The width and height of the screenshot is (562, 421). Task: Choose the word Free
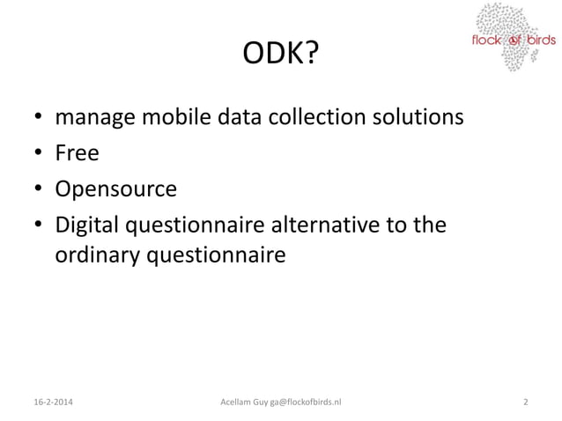(x=78, y=153)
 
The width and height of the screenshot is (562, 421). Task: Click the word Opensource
(x=116, y=189)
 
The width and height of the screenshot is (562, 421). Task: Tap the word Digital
(x=91, y=226)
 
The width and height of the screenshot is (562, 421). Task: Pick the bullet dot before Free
(x=39, y=154)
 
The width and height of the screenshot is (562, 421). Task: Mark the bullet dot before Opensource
(x=39, y=190)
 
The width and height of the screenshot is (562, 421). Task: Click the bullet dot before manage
(x=39, y=118)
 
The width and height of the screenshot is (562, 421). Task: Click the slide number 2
(x=525, y=403)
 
